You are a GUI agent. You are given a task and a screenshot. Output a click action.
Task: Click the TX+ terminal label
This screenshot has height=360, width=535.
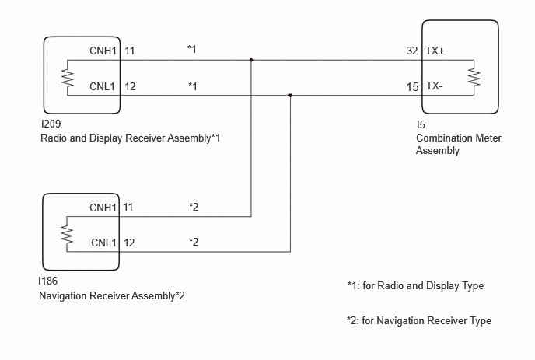435,51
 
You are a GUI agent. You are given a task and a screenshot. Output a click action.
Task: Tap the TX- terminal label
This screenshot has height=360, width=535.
434,86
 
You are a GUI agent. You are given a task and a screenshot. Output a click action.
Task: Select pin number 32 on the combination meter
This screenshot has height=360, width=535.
412,51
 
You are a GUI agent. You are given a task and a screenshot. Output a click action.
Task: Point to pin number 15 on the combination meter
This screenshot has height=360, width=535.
412,87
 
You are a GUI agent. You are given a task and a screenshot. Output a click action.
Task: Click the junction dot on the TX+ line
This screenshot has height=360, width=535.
251,60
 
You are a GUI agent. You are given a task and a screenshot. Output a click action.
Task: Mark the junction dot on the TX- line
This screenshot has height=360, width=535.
290,95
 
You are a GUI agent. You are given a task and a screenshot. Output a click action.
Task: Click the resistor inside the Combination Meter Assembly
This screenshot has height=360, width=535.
474,78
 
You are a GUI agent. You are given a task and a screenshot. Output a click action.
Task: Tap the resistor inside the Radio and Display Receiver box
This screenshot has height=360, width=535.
68,78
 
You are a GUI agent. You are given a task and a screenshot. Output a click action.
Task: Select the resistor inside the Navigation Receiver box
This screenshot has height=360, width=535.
67,234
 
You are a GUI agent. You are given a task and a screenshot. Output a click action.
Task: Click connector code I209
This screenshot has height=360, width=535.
51,124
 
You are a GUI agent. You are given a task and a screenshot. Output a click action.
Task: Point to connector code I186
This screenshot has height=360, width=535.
48,281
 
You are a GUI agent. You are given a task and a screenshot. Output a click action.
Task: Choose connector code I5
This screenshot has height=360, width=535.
421,125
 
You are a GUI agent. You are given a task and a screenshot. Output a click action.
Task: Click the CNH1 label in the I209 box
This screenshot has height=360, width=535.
103,51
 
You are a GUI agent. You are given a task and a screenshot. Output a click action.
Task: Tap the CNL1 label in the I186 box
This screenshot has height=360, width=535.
103,243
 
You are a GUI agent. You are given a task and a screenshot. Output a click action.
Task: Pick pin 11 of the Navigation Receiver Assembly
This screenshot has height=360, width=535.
128,208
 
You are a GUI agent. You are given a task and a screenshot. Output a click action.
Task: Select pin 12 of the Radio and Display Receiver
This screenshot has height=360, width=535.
130,86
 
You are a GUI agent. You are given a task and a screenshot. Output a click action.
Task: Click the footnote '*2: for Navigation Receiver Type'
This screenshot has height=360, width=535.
419,321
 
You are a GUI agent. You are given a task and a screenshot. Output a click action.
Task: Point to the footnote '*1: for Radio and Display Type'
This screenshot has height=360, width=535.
415,285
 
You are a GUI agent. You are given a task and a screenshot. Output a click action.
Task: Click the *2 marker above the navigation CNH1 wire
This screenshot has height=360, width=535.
194,207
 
